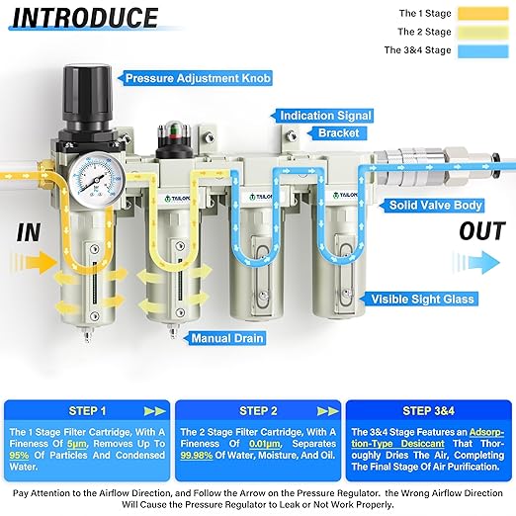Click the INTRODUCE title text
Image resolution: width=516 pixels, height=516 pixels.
(x=84, y=18)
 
